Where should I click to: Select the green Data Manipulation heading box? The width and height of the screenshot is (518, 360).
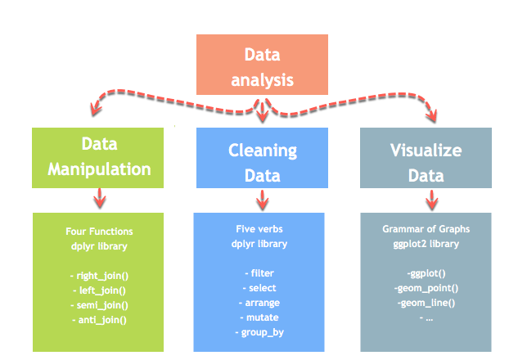click(x=99, y=157)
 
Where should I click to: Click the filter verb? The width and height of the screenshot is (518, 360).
click(x=259, y=273)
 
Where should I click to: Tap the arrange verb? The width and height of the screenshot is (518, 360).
click(x=259, y=303)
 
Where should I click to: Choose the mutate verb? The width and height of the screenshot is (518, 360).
click(x=259, y=317)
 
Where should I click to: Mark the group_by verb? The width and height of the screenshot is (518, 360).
click(x=259, y=332)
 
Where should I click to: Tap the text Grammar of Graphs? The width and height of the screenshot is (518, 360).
click(x=425, y=229)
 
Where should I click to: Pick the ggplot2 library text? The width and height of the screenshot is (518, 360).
click(x=425, y=244)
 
